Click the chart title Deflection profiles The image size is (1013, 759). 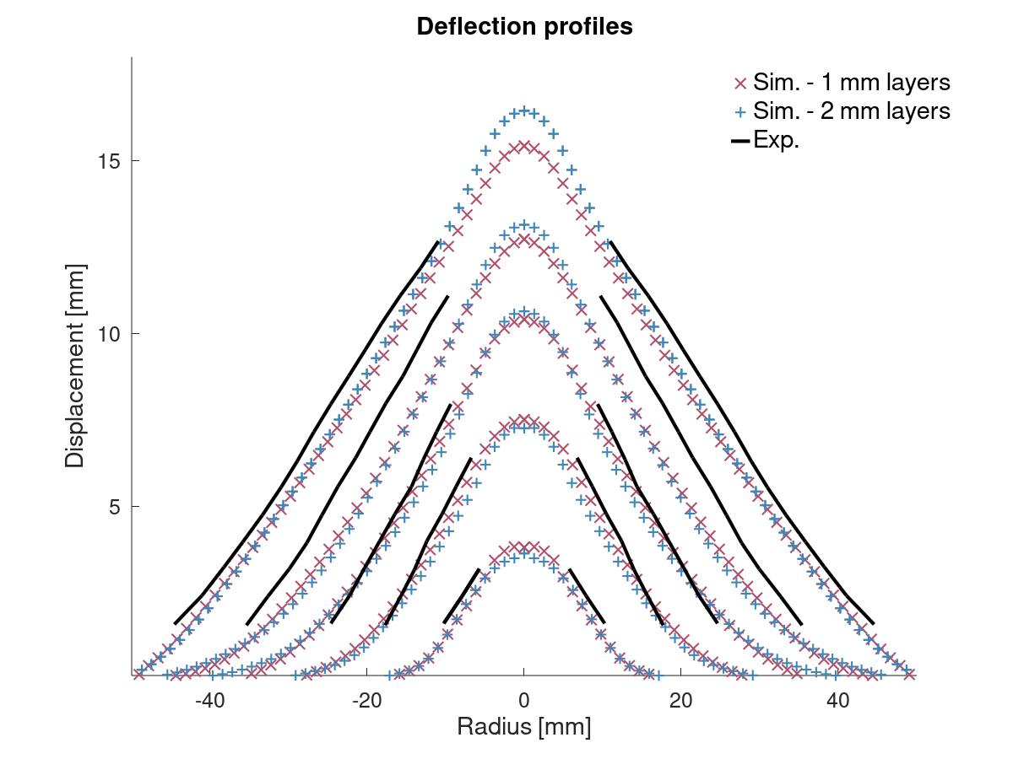(524, 27)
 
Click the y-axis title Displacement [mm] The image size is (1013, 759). (75, 365)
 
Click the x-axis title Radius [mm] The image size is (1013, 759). (523, 726)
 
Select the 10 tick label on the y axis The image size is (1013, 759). (106, 334)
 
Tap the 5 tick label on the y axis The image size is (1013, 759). (111, 507)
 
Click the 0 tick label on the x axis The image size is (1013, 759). (523, 701)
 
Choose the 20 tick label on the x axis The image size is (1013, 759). (681, 701)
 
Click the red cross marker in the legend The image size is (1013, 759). (739, 83)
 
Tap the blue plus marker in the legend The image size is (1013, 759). (739, 111)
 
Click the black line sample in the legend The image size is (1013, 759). (739, 141)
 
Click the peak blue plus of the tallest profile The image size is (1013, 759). (523, 110)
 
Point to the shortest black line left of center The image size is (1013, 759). (462, 595)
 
